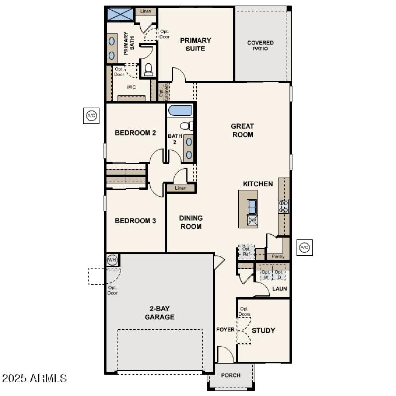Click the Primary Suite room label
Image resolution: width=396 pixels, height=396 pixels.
coord(196,45)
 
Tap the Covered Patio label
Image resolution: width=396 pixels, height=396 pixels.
coord(260,46)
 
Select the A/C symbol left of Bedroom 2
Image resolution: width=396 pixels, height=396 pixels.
coord(91,116)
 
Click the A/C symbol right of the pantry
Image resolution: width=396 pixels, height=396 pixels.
coord(304,247)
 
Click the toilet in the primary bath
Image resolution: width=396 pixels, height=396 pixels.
coord(148,69)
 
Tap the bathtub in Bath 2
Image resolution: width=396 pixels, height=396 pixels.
coord(180,110)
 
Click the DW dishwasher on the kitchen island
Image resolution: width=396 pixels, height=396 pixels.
coord(252,220)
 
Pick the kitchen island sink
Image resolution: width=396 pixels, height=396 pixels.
coord(252,206)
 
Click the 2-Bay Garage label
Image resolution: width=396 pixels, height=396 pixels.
coord(159,313)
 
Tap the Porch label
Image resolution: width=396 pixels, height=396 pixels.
coord(231,375)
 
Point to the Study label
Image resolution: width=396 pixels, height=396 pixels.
coord(263,330)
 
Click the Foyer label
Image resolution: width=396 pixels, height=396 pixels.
coord(225,330)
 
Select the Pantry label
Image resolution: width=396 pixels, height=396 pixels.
coord(278,256)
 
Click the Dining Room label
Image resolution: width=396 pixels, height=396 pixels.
coord(191,222)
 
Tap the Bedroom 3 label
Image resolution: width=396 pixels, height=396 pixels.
coord(136,221)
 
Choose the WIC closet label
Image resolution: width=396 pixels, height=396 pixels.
coord(131,87)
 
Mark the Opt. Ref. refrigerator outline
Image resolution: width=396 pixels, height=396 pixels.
coord(247,252)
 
